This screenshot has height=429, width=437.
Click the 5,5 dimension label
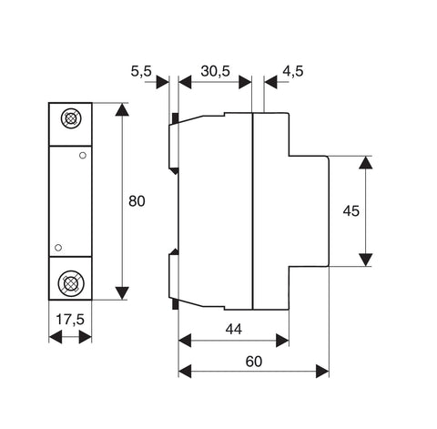pyautogui.click(x=141, y=71)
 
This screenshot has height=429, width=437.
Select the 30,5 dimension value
pyautogui.click(x=216, y=71)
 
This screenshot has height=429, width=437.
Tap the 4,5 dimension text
pyautogui.click(x=293, y=71)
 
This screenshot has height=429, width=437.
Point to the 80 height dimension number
pyautogui.click(x=137, y=201)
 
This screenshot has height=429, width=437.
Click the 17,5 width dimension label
pyautogui.click(x=70, y=320)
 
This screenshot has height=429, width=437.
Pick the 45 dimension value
pyautogui.click(x=351, y=211)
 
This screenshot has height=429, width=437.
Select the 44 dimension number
pyautogui.click(x=234, y=329)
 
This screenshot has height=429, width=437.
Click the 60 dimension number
pyautogui.click(x=254, y=362)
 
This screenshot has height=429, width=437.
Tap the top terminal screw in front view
pyautogui.click(x=71, y=118)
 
